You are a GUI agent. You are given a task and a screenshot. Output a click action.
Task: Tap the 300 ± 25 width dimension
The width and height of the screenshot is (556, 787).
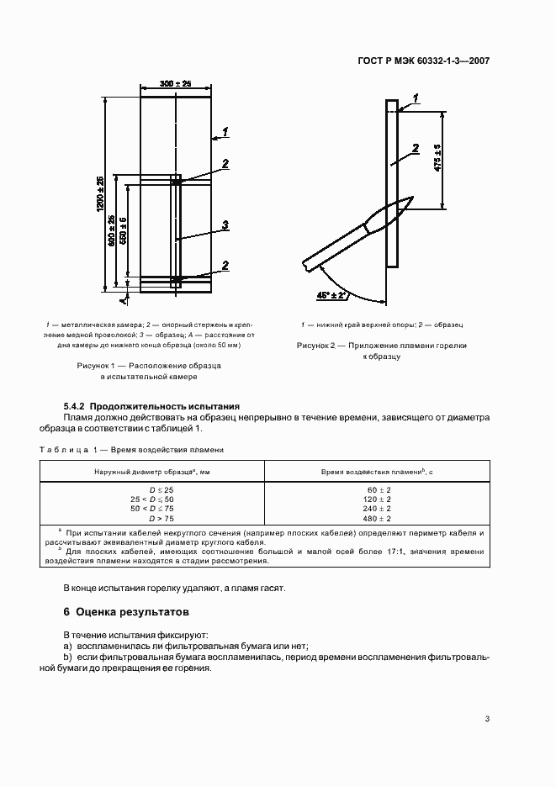(175, 84)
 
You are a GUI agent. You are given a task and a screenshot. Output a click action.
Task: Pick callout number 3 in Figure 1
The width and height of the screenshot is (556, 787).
(225, 224)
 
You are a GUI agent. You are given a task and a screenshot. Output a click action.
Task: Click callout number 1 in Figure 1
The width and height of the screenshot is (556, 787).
(225, 131)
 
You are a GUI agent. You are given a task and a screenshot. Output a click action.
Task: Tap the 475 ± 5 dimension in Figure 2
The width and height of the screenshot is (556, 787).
(437, 158)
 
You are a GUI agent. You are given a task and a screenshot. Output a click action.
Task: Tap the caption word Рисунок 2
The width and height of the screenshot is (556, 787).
(319, 345)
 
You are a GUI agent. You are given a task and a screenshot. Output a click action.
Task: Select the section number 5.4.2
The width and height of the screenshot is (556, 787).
(74, 406)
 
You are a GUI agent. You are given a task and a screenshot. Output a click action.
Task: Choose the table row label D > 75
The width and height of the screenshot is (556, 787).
(163, 519)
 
